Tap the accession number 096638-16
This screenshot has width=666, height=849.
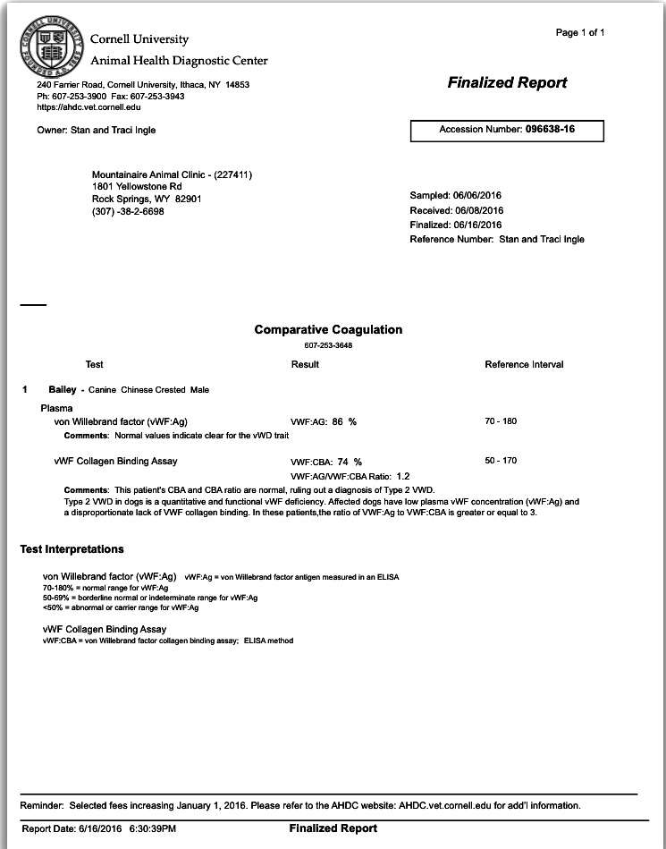tap(549, 130)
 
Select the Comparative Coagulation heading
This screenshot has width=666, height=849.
tap(328, 329)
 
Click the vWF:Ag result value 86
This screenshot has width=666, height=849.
tap(338, 421)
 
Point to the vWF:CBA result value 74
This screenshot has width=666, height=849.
tap(343, 462)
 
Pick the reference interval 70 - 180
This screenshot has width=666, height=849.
tap(501, 420)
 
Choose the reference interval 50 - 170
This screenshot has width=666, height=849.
tap(501, 461)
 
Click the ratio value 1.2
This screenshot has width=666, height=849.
tap(403, 477)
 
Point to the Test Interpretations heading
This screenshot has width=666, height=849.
tap(72, 548)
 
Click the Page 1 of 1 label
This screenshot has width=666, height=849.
tap(580, 33)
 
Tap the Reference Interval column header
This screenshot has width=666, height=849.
tap(524, 364)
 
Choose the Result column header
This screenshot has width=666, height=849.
tap(305, 364)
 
